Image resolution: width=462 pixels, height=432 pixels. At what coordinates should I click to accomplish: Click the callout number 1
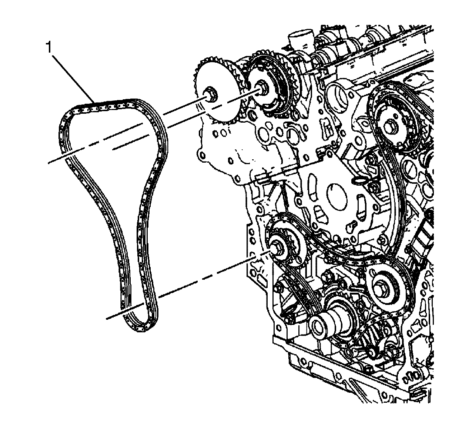click(48, 48)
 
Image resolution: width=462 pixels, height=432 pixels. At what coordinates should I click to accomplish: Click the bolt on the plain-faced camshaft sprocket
click(211, 94)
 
